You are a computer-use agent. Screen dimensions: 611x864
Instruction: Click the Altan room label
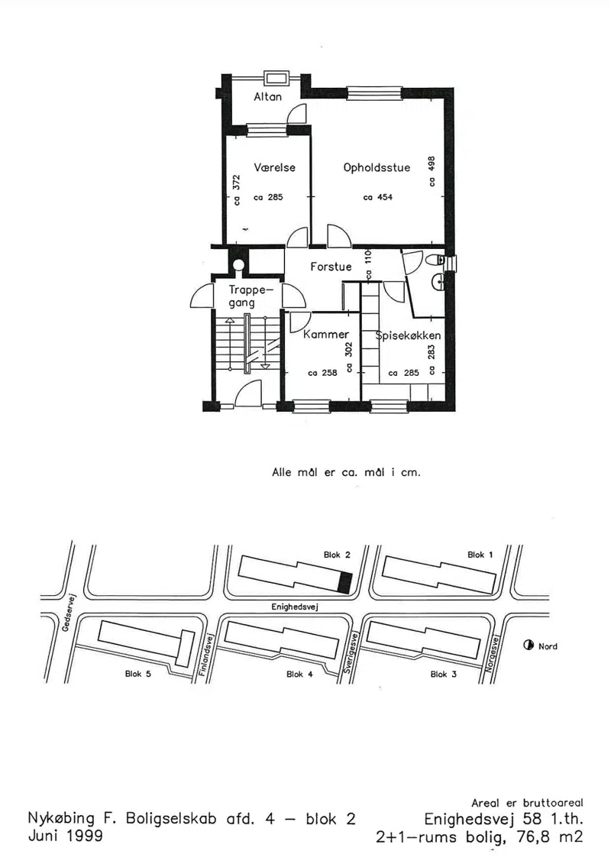(268, 96)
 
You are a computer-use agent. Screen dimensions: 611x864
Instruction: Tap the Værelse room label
(274, 167)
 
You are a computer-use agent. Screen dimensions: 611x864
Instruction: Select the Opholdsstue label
(377, 167)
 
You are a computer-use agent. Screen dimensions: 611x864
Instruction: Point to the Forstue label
(331, 267)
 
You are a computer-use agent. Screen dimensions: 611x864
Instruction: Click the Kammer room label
(325, 334)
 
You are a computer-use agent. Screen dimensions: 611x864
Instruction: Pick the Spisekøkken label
(409, 335)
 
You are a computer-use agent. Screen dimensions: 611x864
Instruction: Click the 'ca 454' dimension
(378, 197)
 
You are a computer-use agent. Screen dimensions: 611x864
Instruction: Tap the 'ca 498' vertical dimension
(432, 171)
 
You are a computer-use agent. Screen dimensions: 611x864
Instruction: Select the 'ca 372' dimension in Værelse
(237, 190)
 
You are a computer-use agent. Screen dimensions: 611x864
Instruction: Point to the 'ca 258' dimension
(322, 373)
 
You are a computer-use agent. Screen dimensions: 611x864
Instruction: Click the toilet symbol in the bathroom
(437, 260)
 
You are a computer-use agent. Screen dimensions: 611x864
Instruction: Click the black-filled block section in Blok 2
(345, 583)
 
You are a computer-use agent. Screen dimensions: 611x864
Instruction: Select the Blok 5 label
(137, 674)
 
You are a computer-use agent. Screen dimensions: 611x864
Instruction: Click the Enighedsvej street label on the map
(295, 607)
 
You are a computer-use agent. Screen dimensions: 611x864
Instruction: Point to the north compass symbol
(529, 646)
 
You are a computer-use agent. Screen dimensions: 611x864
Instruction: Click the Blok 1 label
(480, 555)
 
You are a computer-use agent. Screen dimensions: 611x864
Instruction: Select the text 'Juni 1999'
(65, 836)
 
